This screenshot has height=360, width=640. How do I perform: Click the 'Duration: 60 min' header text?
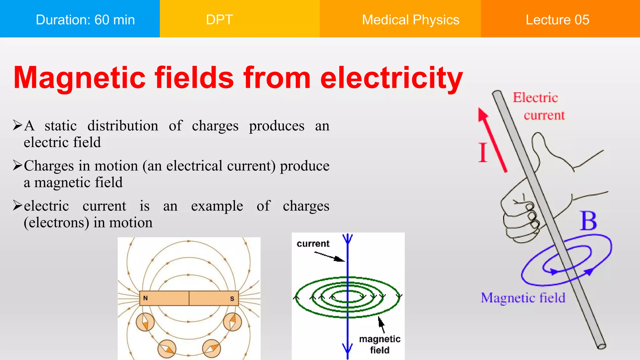pos(85,20)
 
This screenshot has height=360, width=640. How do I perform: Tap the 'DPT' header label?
pos(219,20)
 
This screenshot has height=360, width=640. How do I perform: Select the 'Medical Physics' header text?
pos(410,20)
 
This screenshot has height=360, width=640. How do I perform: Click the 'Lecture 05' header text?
pos(557,20)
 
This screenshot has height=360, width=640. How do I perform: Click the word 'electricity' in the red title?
pos(391,78)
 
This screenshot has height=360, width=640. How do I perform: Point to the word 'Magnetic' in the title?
pos(79,78)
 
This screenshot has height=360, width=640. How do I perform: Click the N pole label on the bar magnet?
pos(145,298)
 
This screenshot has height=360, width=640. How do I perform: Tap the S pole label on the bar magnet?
pos(232,299)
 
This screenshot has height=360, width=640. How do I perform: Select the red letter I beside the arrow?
pos(482,152)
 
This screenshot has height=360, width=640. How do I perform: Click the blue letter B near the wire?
pos(588,221)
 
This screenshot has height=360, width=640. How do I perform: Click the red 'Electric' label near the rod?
pos(535,98)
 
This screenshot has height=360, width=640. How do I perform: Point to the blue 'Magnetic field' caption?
pos(523,298)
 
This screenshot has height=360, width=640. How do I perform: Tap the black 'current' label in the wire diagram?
pos(313,244)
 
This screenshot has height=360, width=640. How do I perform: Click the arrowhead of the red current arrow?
pos(482,114)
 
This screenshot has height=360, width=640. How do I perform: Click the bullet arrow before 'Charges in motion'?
pos(17,165)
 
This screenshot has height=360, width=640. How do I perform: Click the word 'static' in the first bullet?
pos(61,126)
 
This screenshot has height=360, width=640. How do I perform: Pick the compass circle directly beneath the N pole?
pos(145,322)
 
